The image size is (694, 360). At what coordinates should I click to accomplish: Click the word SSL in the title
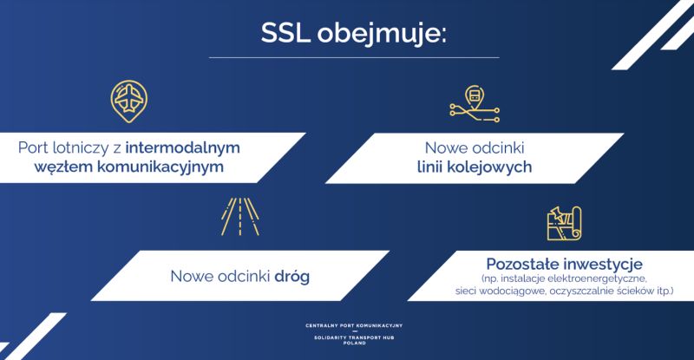[x=285, y=32]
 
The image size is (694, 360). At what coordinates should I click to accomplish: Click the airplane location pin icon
[x=128, y=101]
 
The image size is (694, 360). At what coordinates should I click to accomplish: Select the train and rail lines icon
[x=475, y=104]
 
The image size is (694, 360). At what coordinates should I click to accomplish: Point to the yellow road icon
[x=240, y=217]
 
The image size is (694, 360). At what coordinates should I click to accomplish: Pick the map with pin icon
[x=564, y=224]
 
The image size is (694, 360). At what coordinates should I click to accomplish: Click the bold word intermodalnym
[x=183, y=147]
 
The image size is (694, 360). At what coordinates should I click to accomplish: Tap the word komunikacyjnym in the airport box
[x=160, y=167]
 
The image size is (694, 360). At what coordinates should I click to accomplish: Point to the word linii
[x=429, y=167]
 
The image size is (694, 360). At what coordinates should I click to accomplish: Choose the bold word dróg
[x=292, y=277]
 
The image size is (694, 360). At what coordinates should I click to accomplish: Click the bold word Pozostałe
[x=522, y=265]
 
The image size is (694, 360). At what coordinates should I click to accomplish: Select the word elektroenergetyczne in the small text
[x=598, y=279]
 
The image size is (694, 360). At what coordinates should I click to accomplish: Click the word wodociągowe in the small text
[x=507, y=291]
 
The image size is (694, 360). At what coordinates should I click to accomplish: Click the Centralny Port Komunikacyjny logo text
[x=354, y=325]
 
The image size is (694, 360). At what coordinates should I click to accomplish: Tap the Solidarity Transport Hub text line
[x=354, y=337]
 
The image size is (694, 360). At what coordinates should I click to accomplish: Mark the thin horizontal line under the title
[x=354, y=57]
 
